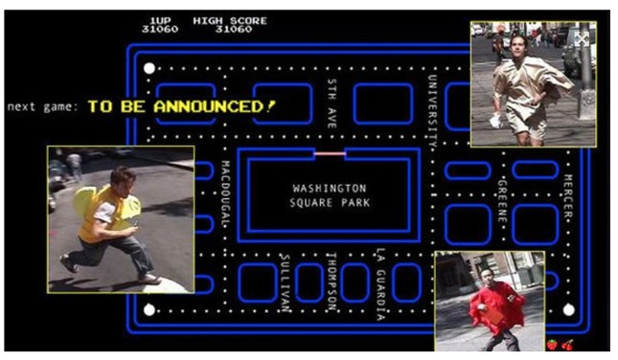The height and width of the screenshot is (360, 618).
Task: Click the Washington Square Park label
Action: [330, 195]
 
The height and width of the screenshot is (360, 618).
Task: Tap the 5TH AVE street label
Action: [332, 103]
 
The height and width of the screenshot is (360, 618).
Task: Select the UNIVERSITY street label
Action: [432, 111]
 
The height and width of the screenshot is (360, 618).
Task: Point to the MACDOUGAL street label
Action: [225, 193]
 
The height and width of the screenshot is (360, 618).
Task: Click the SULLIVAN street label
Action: [286, 282]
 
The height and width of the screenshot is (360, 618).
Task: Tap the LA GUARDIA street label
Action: [380, 283]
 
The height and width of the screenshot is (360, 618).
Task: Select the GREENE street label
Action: [502, 201]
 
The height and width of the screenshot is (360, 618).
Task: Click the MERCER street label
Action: [568, 196]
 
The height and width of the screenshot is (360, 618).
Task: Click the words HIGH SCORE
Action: [230, 20]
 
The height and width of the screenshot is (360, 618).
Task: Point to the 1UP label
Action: [160, 20]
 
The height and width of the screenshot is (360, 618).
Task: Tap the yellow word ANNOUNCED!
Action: [215, 106]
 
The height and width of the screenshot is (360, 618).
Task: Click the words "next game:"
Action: [43, 106]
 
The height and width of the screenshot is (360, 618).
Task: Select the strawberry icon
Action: [552, 345]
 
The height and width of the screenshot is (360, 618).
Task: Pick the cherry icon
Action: [567, 345]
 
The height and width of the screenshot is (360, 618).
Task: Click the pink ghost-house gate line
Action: [330, 153]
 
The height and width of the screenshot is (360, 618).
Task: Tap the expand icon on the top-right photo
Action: [582, 39]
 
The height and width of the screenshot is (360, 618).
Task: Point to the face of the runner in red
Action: [487, 279]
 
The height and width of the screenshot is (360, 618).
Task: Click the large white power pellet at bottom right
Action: [568, 310]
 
